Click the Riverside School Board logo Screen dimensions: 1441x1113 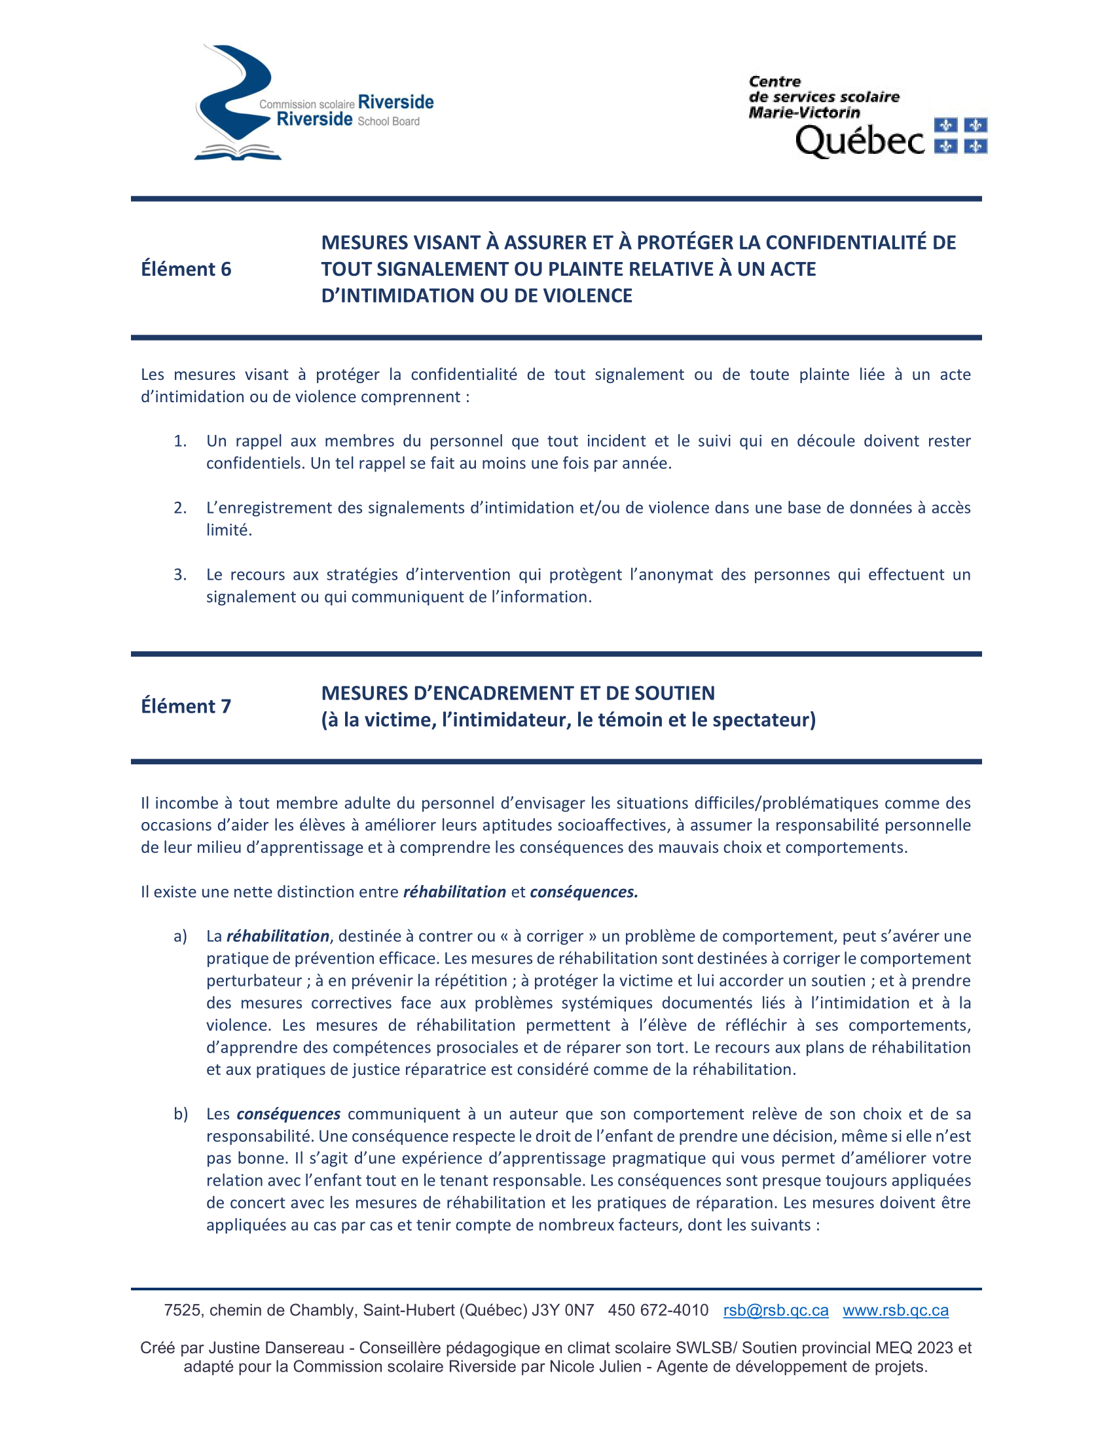(x=313, y=103)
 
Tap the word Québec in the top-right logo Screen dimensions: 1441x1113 (x=860, y=141)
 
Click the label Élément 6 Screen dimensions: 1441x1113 (x=186, y=269)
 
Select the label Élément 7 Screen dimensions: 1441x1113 (x=186, y=706)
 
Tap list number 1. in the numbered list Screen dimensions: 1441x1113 (x=180, y=441)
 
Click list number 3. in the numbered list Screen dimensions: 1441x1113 (x=180, y=574)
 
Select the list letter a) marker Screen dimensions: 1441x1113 (x=180, y=936)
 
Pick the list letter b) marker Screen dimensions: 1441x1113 (x=181, y=1114)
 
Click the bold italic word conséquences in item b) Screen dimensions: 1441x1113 (x=288, y=1114)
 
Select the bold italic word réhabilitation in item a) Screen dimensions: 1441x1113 (x=278, y=936)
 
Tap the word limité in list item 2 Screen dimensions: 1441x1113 (x=228, y=530)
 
